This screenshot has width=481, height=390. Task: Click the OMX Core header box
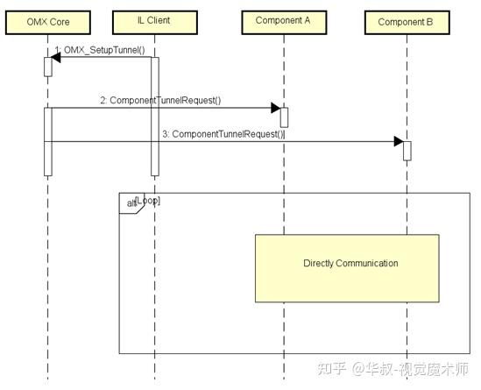(47, 21)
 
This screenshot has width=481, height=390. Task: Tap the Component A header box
(283, 20)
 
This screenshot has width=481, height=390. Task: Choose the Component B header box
(406, 21)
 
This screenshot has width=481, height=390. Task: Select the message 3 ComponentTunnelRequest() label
(223, 133)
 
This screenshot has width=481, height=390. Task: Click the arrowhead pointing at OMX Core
(54, 59)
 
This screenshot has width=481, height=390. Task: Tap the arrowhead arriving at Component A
(275, 109)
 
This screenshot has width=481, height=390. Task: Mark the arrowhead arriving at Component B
(398, 142)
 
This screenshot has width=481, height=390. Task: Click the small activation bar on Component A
(284, 117)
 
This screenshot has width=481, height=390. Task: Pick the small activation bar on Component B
(407, 151)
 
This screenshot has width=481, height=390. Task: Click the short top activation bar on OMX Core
(48, 67)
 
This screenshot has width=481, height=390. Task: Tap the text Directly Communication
(350, 263)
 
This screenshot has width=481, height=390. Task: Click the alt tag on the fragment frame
(131, 203)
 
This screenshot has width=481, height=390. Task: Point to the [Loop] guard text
(149, 201)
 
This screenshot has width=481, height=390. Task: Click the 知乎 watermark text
(335, 368)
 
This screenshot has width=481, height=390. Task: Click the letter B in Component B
(429, 21)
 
